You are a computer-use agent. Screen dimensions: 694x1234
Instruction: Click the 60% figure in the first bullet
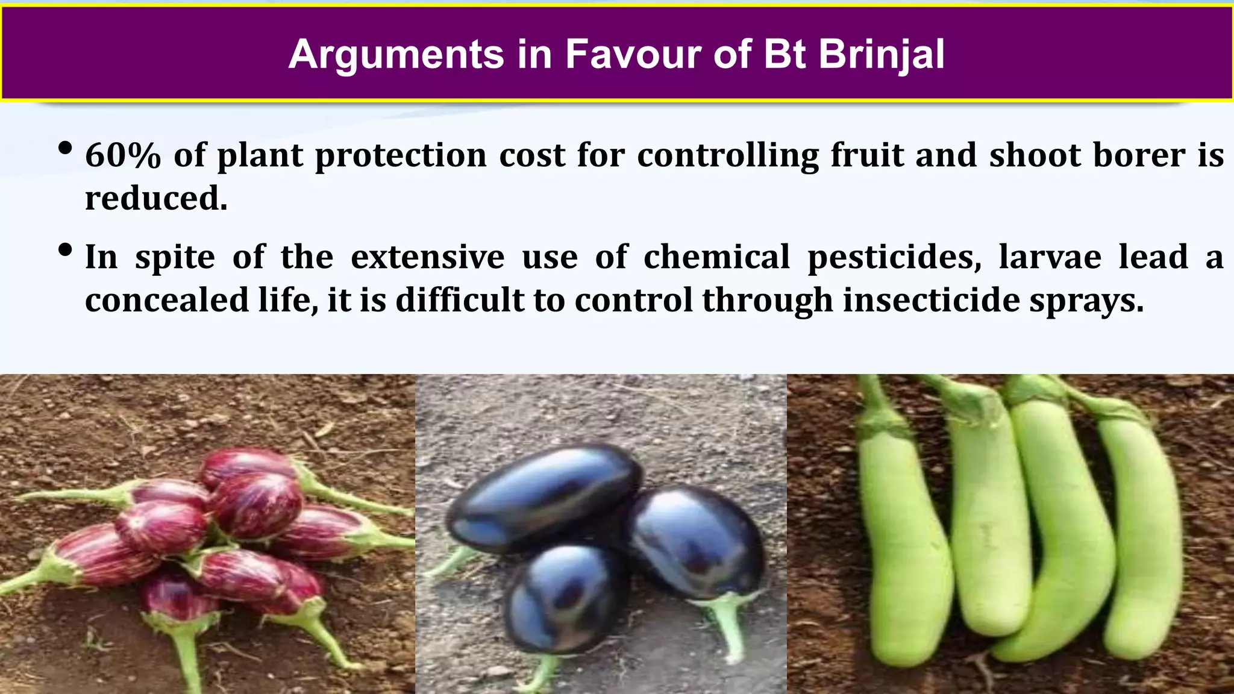coord(123,155)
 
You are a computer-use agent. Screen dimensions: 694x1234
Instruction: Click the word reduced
coord(156,198)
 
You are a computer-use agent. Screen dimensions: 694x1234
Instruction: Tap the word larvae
coord(1050,257)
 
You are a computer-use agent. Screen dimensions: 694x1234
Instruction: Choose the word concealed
coord(166,300)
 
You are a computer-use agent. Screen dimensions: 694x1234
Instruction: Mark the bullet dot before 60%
coord(66,148)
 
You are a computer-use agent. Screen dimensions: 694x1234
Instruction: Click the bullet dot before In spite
coord(66,250)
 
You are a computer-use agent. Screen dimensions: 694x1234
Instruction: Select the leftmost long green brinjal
coord(901,542)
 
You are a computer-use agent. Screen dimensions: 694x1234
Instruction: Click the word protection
coord(401,155)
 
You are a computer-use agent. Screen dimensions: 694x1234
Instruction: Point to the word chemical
coord(716,257)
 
